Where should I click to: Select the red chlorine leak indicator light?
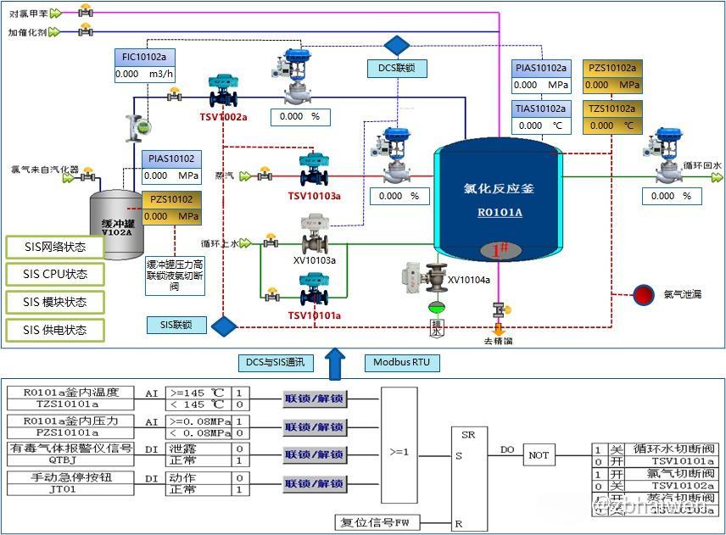(x=645, y=294)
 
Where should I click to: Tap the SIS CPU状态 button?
(x=55, y=275)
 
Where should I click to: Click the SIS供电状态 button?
(x=55, y=330)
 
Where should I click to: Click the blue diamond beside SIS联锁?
(x=224, y=326)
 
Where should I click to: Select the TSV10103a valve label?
(x=314, y=196)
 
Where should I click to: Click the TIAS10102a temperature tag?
(x=540, y=109)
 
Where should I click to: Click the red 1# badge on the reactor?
(x=500, y=250)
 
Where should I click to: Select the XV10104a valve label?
(x=469, y=280)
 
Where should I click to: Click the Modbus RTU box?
(x=401, y=363)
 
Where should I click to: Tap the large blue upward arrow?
(x=336, y=362)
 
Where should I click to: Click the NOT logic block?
(x=539, y=455)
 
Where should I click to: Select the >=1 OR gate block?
(x=399, y=452)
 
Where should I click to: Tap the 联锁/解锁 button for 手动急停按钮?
(x=315, y=483)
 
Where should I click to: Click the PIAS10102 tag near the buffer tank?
(x=171, y=159)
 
